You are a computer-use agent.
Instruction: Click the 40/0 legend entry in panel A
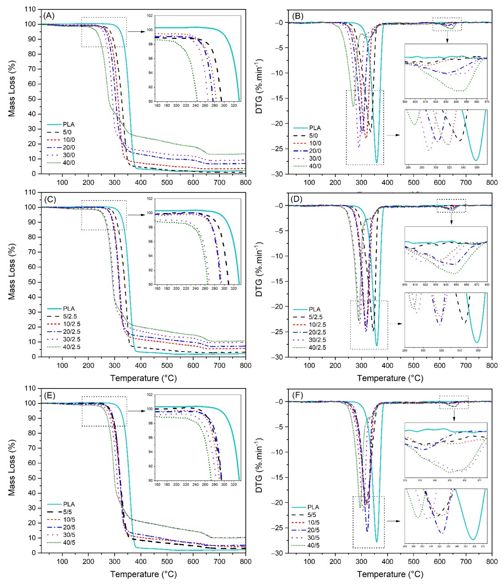(69, 163)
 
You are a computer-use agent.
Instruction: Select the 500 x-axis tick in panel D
(413, 365)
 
